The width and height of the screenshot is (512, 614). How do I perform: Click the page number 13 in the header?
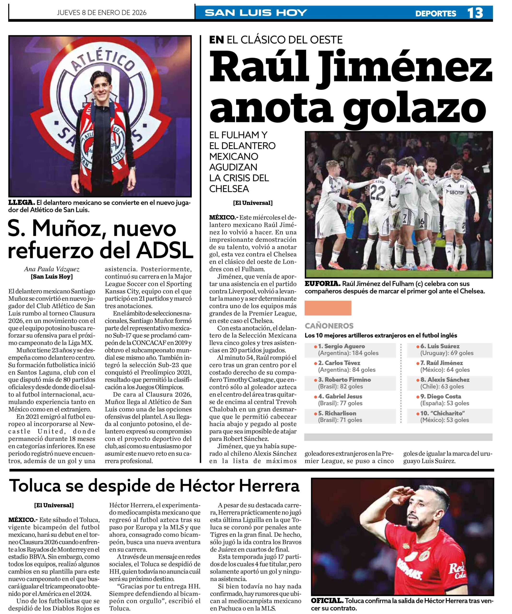[475, 13]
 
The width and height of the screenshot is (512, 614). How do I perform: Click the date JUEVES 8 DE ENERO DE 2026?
[102, 12]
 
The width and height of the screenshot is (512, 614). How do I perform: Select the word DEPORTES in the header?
[435, 13]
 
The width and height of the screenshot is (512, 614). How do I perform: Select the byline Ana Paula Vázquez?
[52, 269]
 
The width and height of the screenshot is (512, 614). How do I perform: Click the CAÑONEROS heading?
[329, 326]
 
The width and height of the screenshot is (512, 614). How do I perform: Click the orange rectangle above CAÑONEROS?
[328, 308]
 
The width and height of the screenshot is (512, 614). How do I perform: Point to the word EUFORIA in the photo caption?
[322, 283]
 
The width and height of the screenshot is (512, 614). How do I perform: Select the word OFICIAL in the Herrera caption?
[327, 601]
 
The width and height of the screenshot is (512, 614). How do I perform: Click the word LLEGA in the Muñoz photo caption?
[21, 202]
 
